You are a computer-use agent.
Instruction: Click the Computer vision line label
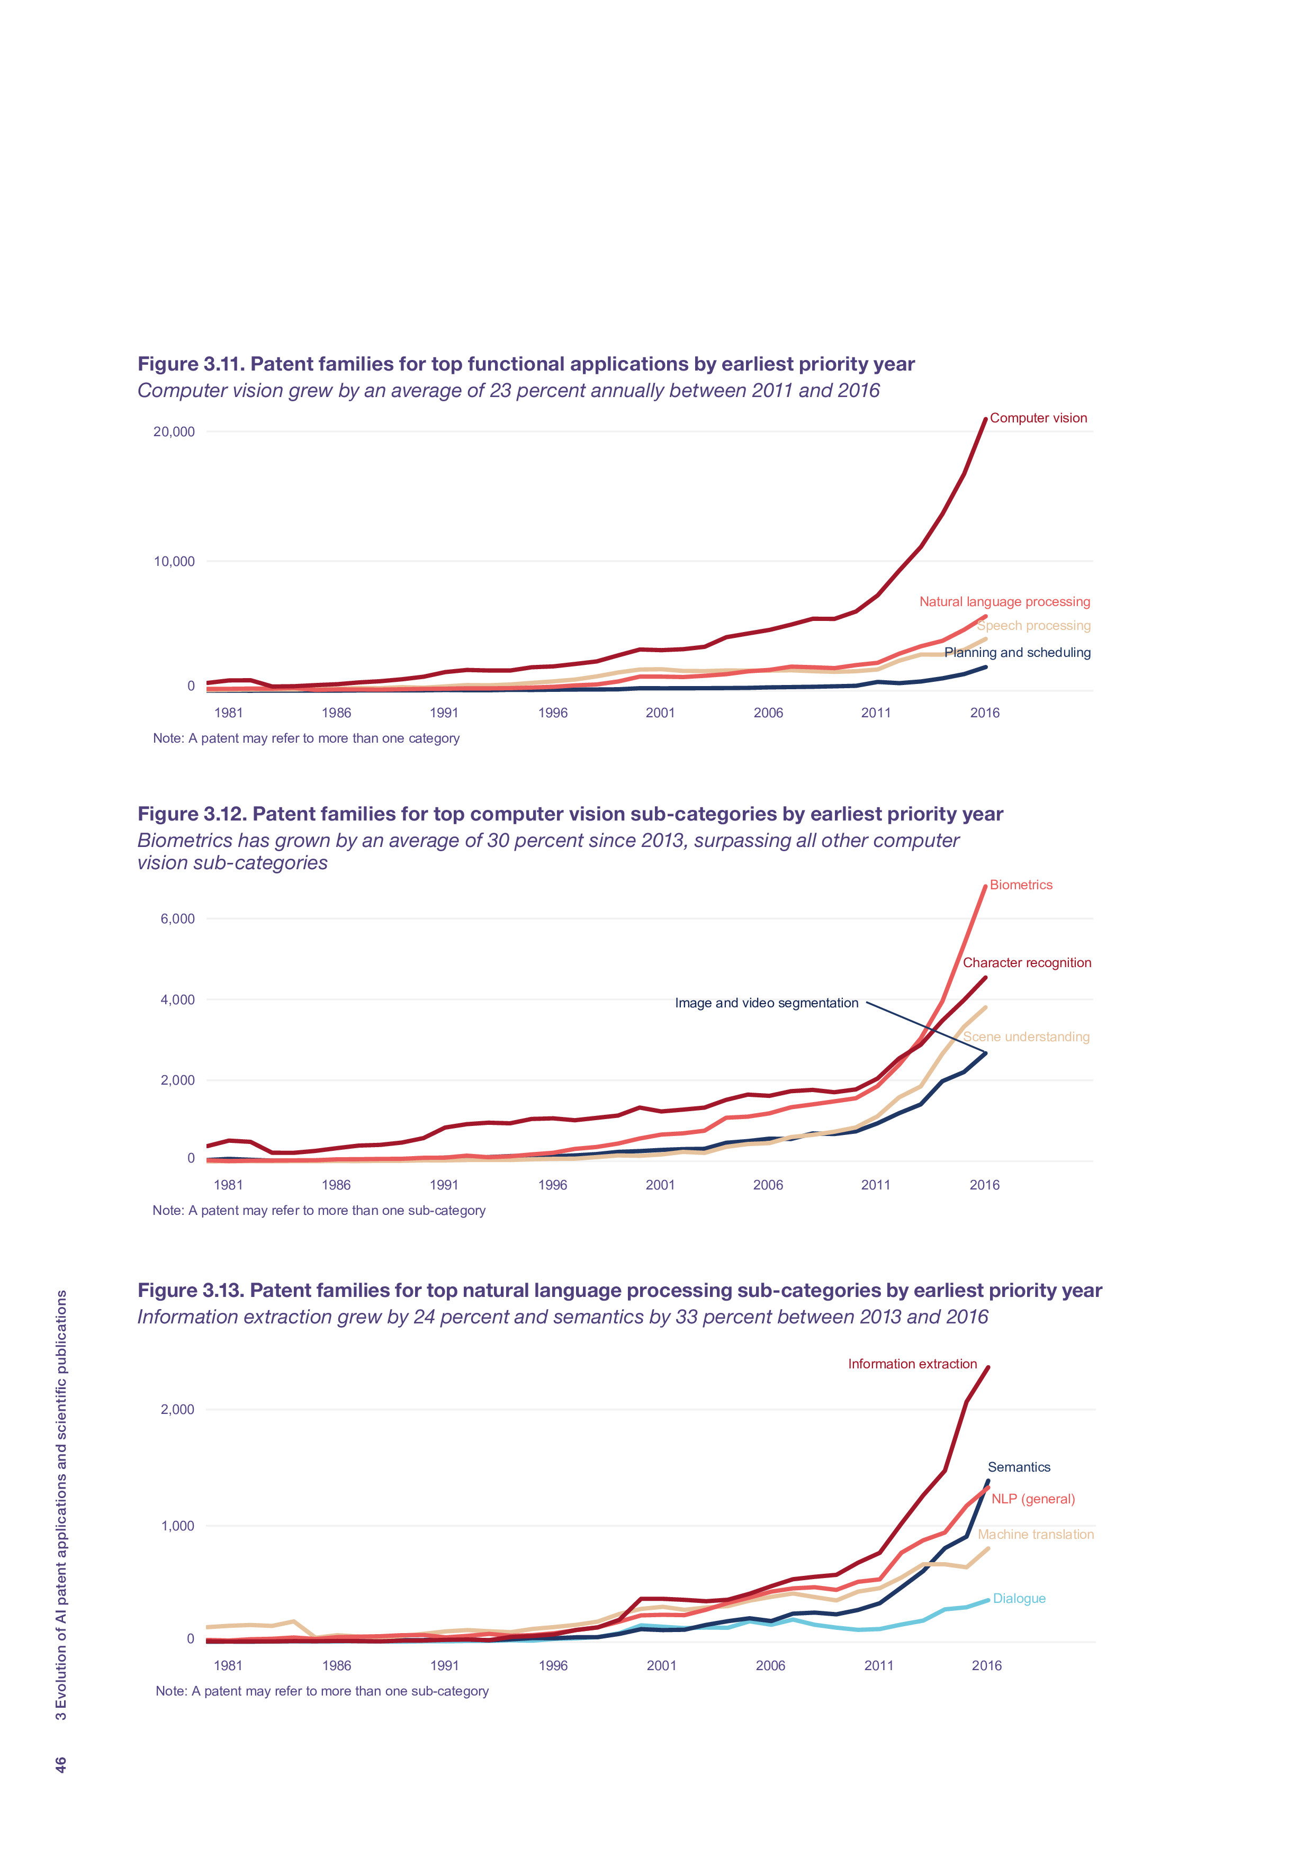click(x=1038, y=418)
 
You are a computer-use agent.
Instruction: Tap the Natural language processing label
click(x=1004, y=602)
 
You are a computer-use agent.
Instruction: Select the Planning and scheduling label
click(x=1017, y=653)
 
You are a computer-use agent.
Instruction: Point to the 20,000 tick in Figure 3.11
click(x=174, y=432)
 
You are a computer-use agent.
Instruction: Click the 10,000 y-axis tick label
click(x=174, y=561)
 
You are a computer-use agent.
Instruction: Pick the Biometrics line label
click(x=1021, y=885)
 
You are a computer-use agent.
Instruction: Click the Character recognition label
click(x=1027, y=962)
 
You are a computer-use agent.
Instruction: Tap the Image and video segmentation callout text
click(x=766, y=1003)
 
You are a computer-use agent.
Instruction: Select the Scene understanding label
click(x=1026, y=1037)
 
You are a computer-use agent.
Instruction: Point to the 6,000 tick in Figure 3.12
click(x=177, y=919)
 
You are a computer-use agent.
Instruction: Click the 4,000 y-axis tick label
click(x=177, y=999)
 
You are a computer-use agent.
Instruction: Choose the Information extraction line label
click(x=912, y=1364)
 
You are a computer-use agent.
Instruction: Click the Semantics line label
click(x=1019, y=1467)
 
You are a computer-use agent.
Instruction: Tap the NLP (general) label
click(x=1033, y=1499)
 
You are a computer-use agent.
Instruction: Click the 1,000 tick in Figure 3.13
click(x=177, y=1526)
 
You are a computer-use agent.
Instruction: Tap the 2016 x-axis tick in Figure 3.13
click(x=986, y=1665)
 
